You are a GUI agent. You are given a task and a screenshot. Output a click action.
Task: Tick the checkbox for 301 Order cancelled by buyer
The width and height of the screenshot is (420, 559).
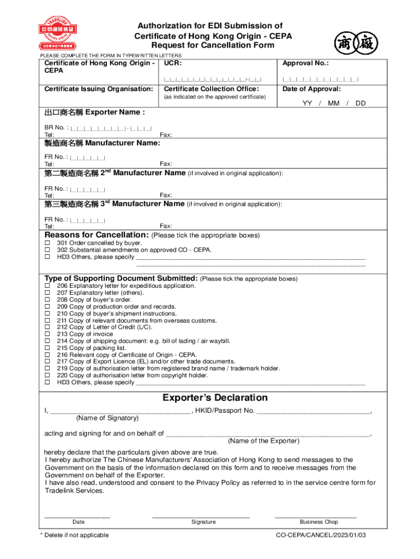coord(47,243)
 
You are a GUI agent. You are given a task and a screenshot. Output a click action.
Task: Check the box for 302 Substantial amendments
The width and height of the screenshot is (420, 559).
coord(47,249)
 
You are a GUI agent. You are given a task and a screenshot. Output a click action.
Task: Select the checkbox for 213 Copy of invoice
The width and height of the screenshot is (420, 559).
coord(47,334)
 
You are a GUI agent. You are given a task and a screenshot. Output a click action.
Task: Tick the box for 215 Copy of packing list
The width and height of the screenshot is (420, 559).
coord(47,348)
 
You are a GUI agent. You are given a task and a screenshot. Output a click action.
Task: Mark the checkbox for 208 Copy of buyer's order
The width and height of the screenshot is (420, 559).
coord(47,300)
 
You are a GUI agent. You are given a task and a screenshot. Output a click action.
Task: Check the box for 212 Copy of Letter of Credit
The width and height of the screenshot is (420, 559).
coord(47,327)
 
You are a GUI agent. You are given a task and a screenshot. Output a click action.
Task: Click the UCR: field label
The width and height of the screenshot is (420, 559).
coord(173,63)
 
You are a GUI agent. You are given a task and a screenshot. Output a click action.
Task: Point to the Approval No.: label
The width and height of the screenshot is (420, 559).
coord(305,63)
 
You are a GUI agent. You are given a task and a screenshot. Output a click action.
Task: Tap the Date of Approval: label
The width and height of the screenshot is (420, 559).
coord(311,89)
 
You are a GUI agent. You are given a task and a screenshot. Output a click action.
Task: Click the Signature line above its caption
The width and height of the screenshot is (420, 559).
coord(201,516)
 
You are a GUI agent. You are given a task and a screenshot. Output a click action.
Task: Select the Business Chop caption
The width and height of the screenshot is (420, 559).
coord(319,522)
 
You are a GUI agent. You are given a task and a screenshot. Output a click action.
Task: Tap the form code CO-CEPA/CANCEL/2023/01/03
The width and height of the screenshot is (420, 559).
coord(321,535)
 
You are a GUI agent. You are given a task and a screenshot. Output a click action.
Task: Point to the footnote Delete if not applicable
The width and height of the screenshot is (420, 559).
coord(76,535)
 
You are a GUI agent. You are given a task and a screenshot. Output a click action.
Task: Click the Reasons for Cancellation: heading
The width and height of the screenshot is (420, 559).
coord(97,235)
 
